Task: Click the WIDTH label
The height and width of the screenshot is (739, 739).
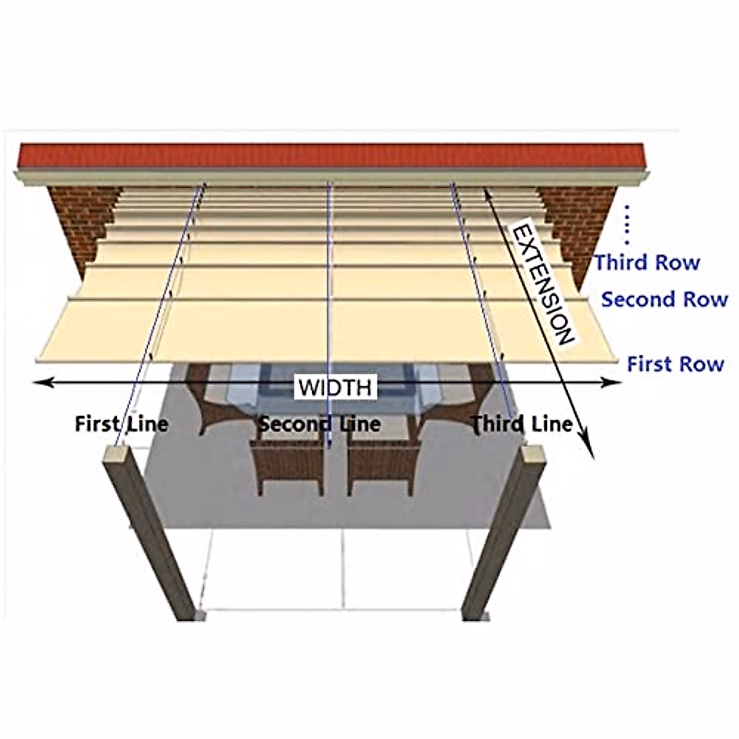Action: (x=336, y=387)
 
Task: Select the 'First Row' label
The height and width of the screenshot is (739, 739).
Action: (x=675, y=364)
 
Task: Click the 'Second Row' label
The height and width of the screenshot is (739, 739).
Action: (x=664, y=300)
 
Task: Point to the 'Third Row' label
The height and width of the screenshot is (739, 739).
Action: (x=647, y=263)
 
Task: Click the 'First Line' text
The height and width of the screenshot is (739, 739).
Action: (x=121, y=424)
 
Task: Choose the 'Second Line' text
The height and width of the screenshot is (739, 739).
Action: (x=319, y=424)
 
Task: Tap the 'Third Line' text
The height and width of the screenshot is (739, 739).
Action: (x=522, y=424)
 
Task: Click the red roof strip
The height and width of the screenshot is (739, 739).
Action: (x=333, y=155)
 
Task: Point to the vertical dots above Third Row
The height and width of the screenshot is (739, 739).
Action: (x=627, y=225)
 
